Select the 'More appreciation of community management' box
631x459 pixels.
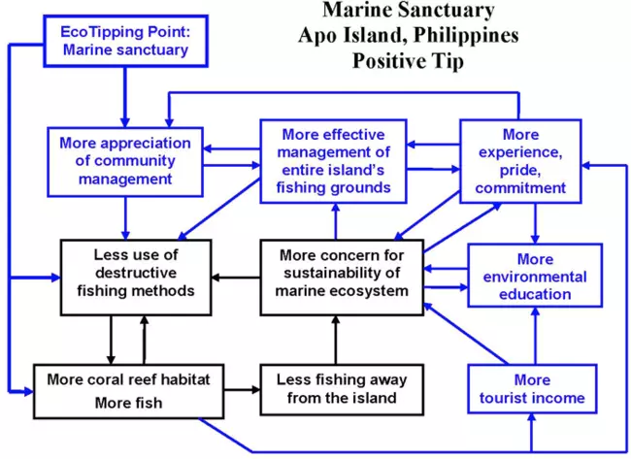pos(125,160)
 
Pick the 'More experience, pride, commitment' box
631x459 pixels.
pos(521,160)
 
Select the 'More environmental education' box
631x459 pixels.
pos(536,277)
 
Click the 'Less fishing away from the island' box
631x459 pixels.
pos(336,388)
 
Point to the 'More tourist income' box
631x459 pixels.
pos(532,388)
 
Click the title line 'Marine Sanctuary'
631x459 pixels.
pos(408,12)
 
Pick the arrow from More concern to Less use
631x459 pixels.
pos(237,278)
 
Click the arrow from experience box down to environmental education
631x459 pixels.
pos(533,223)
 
